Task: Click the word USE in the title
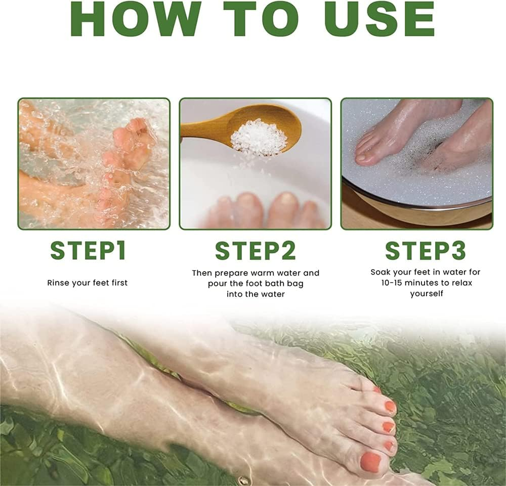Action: pyautogui.click(x=379, y=19)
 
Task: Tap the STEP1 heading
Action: pyautogui.click(x=88, y=250)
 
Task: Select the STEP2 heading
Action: pyautogui.click(x=256, y=251)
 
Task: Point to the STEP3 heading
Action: pyautogui.click(x=426, y=250)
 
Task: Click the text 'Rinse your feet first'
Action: pyautogui.click(x=88, y=283)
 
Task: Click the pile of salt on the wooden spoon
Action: pyautogui.click(x=259, y=136)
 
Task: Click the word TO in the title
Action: pyautogui.click(x=260, y=19)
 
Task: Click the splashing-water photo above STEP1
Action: pyautogui.click(x=94, y=163)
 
